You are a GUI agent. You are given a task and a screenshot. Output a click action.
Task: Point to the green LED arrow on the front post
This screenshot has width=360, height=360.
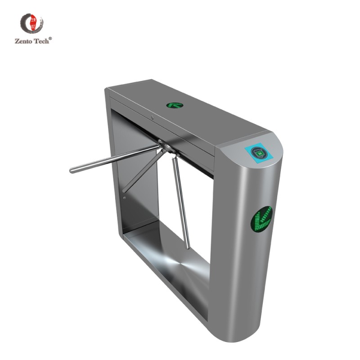coord(261,219)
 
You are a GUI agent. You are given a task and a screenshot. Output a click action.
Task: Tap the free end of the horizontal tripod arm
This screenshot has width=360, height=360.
coord(73,170)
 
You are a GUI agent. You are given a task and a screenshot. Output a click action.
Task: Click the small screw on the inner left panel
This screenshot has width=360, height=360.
coord(124,197)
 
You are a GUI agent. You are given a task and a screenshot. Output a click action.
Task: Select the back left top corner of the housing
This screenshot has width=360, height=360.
coord(107,90)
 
